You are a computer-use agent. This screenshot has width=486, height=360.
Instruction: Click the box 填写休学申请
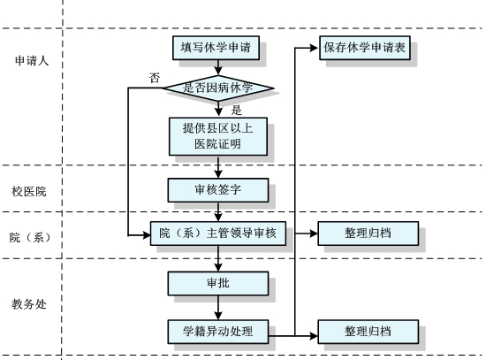pos(216,48)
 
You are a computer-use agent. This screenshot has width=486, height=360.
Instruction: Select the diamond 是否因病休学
pos(218,88)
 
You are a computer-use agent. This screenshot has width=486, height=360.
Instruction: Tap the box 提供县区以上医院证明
pos(218,136)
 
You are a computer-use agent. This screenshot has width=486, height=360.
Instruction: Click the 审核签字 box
pos(218,190)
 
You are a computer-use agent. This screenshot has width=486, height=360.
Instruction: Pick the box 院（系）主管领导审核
pos(218,234)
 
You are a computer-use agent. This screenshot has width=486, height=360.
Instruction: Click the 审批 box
pos(218,283)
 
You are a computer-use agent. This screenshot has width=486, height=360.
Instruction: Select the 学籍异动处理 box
pos(218,332)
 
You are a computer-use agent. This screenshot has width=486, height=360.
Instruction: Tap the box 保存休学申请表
pos(365,48)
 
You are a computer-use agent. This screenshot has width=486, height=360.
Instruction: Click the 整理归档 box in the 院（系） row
pos(368,234)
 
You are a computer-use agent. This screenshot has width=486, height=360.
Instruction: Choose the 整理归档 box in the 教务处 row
pos(368,332)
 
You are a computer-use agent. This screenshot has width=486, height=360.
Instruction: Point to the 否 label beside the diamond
pos(155,78)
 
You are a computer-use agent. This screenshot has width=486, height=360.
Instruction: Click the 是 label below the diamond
pos(237,110)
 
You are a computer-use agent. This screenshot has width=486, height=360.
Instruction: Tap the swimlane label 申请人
pos(32,60)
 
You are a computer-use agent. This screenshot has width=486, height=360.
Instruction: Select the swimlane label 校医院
pos(29,191)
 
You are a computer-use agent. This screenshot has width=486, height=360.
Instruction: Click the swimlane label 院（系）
pos(30,237)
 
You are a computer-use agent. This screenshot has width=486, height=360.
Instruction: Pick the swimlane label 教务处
pos(29,304)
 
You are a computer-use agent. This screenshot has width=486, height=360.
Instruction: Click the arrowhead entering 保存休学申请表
pos(314,48)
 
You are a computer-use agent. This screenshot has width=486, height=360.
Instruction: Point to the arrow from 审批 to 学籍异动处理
pos(218,308)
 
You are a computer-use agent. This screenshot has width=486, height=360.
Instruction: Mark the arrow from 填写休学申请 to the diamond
pos(218,67)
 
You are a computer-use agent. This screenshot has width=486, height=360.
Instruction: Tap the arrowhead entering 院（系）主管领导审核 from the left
pos(146,235)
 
